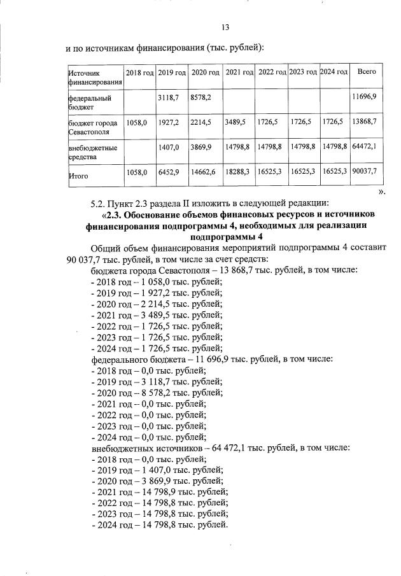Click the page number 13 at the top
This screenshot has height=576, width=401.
(225, 27)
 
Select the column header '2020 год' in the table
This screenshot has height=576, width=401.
(206, 73)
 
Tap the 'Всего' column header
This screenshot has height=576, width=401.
(367, 72)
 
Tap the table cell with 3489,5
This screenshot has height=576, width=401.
(236, 120)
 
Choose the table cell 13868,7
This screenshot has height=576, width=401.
(365, 120)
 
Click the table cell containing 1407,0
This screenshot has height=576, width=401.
(169, 147)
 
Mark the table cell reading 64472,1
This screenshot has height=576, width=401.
(365, 147)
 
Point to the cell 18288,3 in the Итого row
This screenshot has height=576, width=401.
(237, 172)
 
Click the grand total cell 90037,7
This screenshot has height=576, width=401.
(365, 172)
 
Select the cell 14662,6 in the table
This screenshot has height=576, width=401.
(204, 172)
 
